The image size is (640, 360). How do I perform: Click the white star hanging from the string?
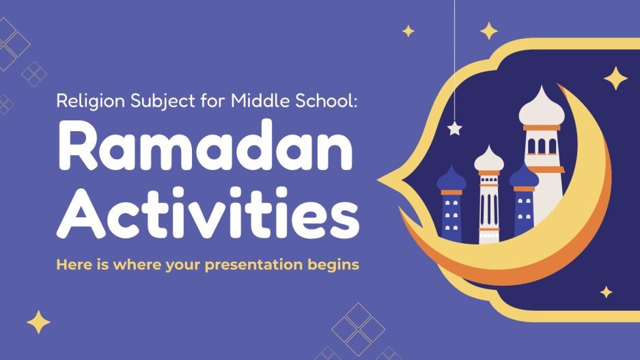[454, 128]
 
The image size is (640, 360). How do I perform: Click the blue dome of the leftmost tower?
[451, 179]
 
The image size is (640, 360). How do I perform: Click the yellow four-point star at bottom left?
[38, 322]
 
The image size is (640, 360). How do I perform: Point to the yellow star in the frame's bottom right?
[606, 292]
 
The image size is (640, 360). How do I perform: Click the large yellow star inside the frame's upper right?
[615, 78]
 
